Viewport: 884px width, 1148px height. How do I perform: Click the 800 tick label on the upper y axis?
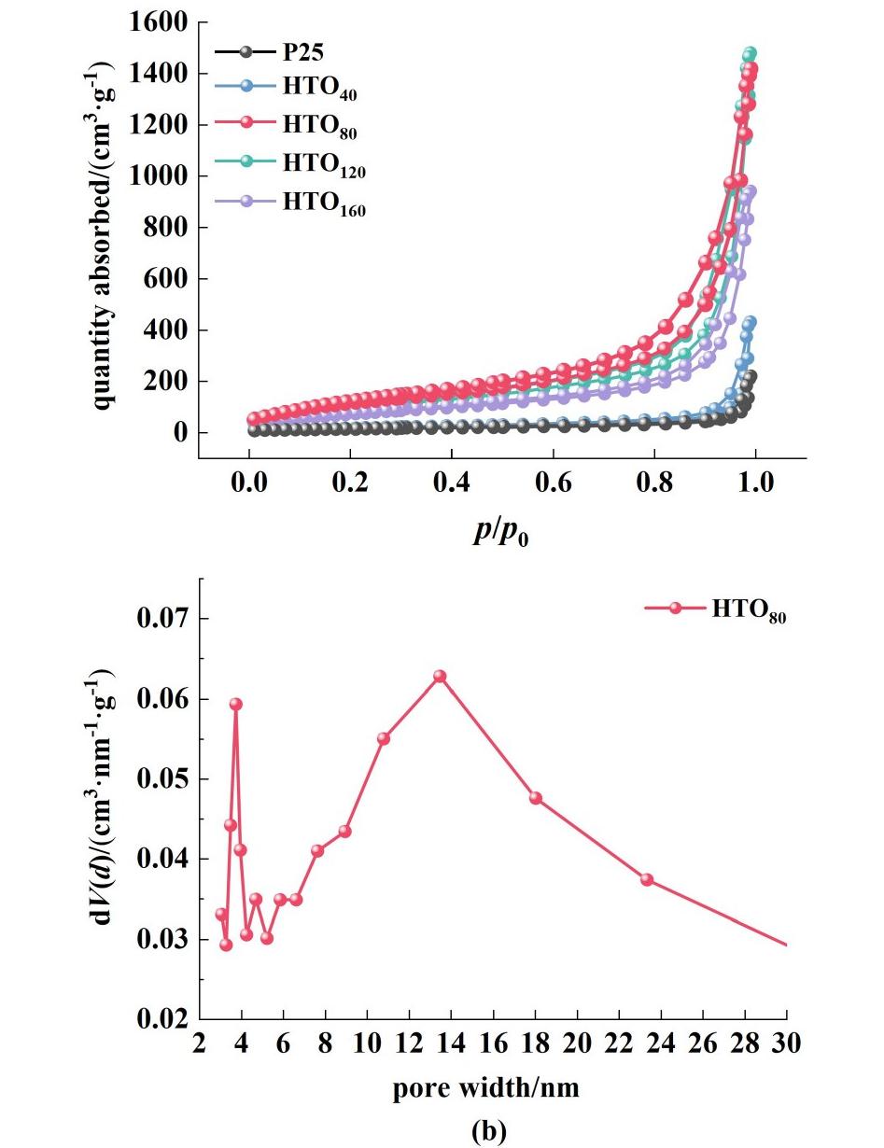168,228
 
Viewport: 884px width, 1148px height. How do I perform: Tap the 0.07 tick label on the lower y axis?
163,619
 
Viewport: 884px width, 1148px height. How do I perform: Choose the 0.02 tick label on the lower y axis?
163,1018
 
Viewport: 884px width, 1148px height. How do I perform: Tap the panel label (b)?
488,1130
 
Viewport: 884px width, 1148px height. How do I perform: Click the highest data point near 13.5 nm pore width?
440,677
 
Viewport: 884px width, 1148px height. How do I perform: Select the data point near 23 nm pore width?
647,880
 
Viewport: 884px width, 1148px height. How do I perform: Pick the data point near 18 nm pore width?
536,798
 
